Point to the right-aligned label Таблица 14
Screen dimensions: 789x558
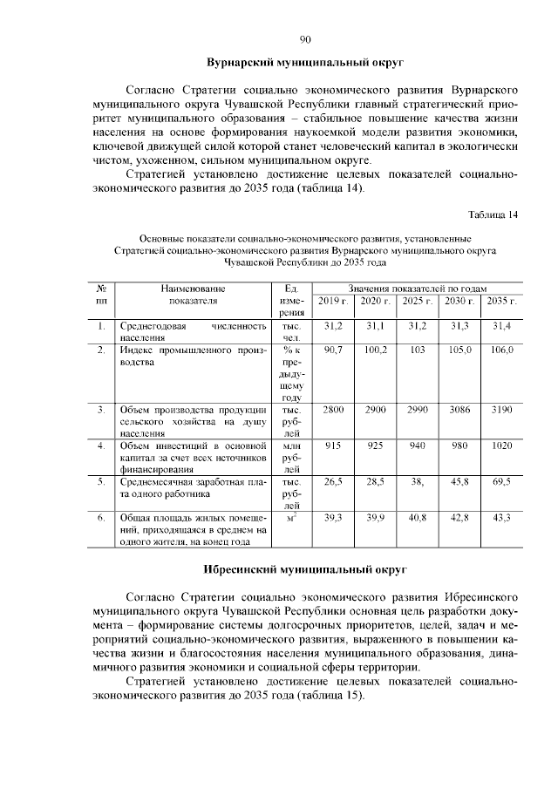click(x=493, y=215)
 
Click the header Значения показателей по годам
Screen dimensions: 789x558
click(x=417, y=288)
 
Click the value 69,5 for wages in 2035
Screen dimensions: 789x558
click(x=500, y=481)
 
